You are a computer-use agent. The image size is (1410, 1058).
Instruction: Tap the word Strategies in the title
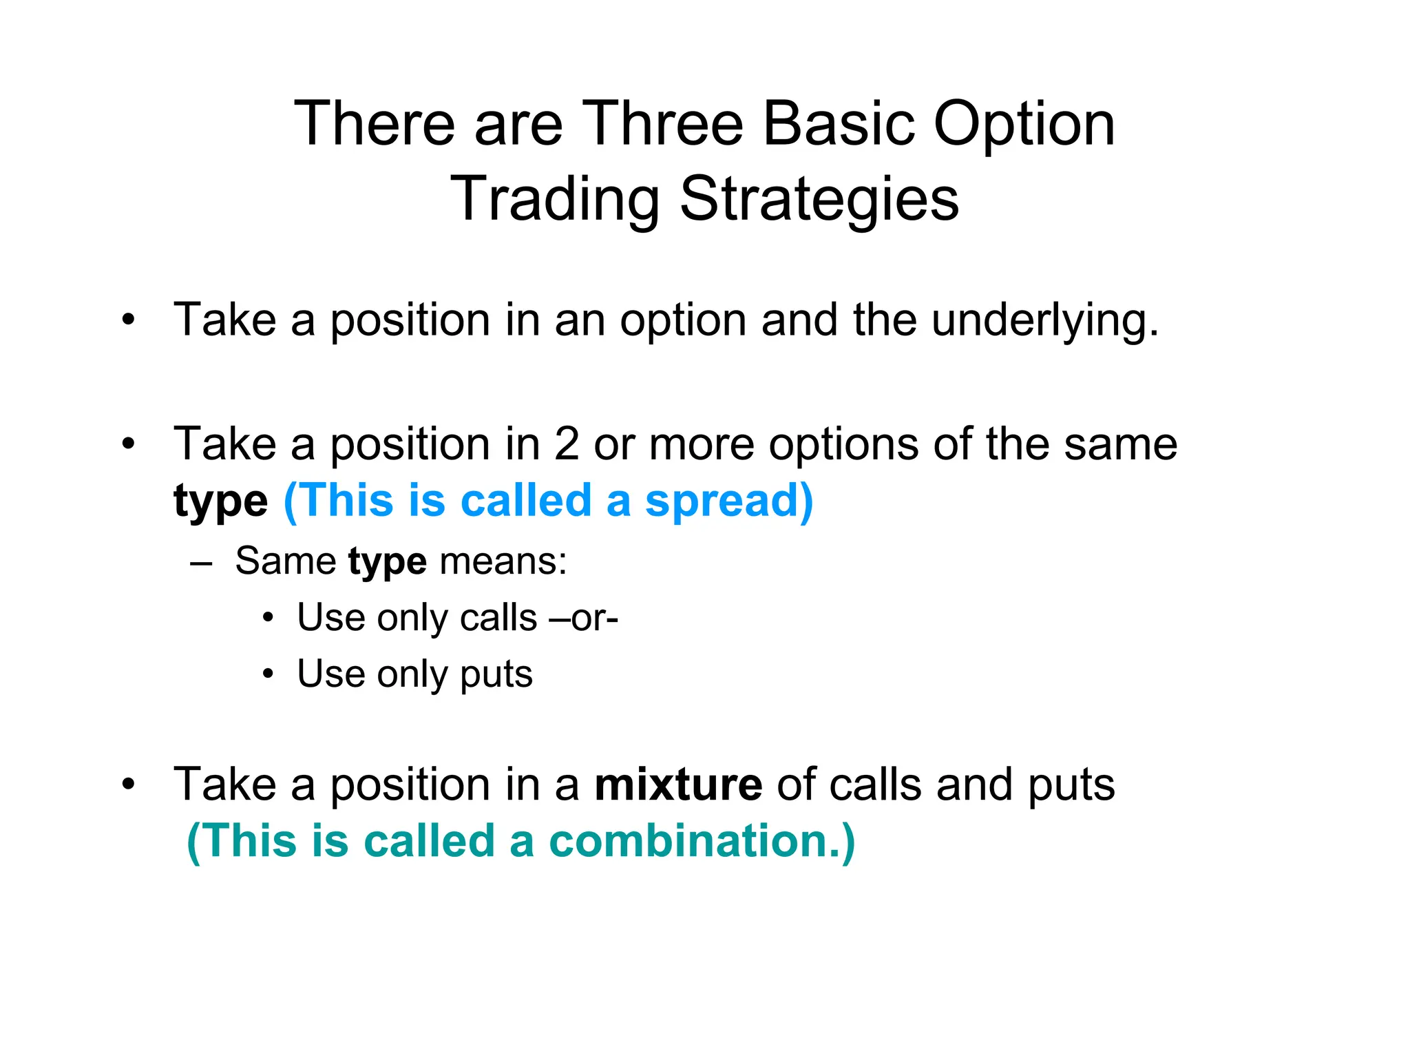click(x=819, y=200)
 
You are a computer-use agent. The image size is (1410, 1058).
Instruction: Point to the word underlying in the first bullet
click(x=1045, y=321)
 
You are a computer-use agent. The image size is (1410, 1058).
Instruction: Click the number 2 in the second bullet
click(x=567, y=444)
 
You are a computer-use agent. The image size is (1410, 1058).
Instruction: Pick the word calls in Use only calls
click(x=498, y=618)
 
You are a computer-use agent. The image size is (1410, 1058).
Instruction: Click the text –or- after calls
click(x=584, y=618)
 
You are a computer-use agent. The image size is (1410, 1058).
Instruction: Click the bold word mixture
click(x=678, y=785)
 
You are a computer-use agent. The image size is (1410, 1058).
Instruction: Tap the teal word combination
click(x=701, y=841)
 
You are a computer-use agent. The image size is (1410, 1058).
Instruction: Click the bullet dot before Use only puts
click(x=269, y=674)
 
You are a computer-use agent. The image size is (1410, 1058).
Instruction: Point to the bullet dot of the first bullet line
click(x=128, y=321)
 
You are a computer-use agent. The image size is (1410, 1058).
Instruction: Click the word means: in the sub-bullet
click(x=503, y=561)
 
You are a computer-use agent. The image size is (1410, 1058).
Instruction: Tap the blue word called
click(x=526, y=501)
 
